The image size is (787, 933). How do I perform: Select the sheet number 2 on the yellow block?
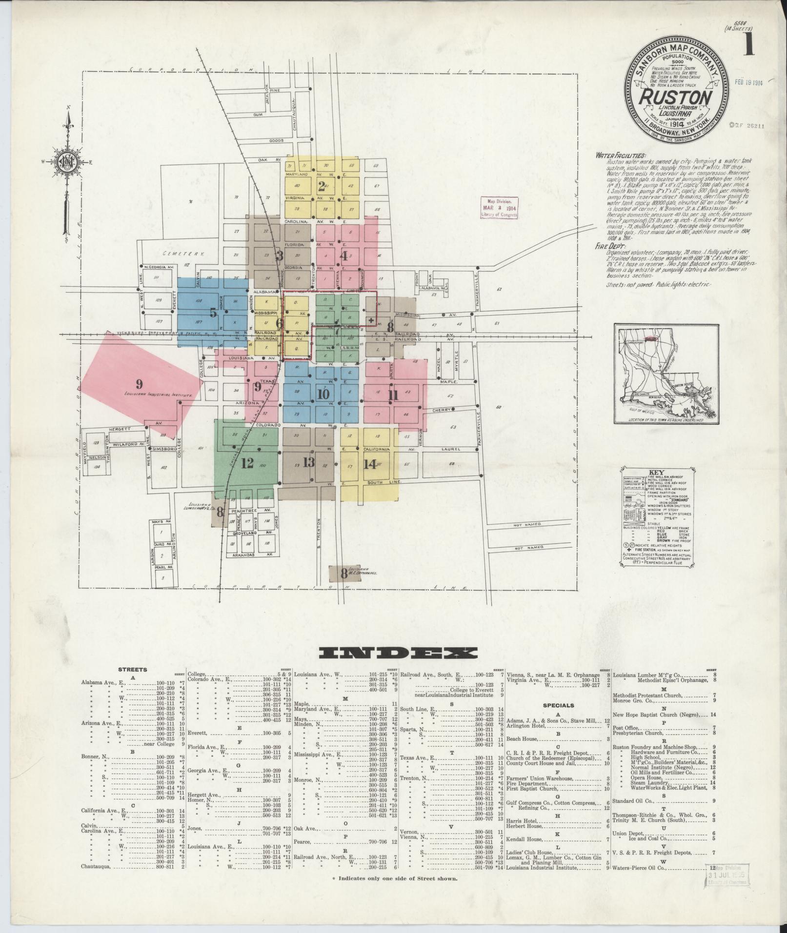[x=321, y=186]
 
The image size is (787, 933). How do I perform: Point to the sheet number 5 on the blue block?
[x=213, y=313]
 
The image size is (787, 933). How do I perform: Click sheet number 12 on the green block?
[x=247, y=463]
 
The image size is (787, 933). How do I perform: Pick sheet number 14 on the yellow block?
[x=369, y=463]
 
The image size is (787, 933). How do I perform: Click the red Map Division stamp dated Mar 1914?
[x=499, y=209]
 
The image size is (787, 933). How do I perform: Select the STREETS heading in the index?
[x=132, y=670]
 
